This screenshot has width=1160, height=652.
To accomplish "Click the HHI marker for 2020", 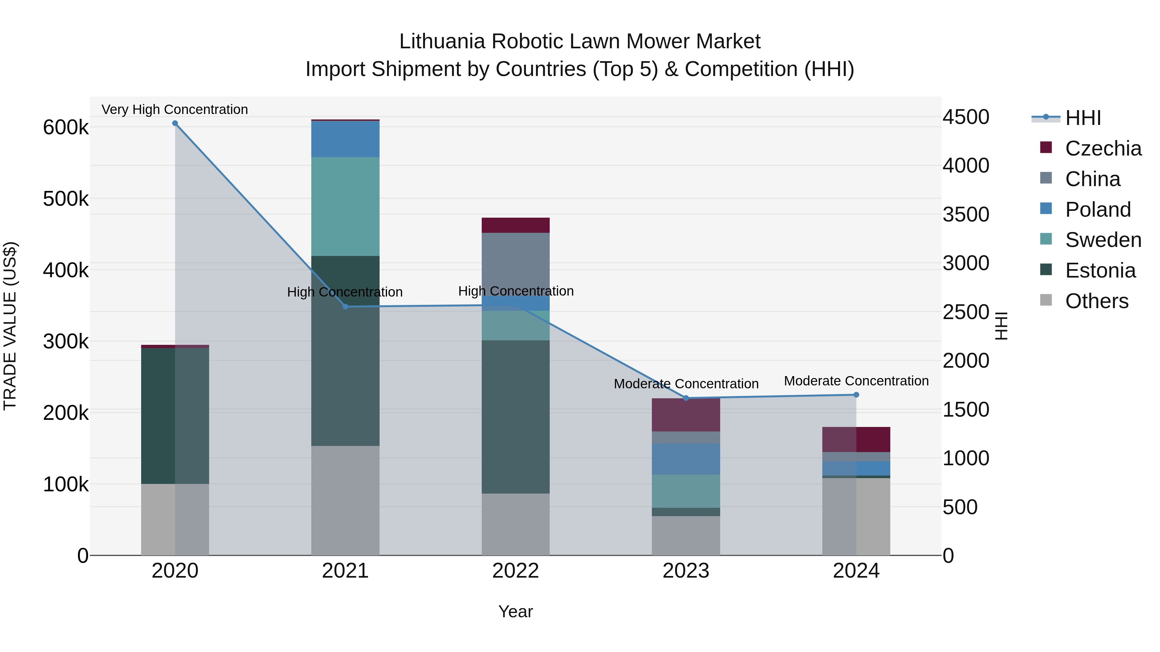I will tap(175, 123).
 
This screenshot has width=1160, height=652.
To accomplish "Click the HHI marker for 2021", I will tap(345, 307).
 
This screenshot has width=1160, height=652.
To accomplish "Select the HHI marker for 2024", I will tap(856, 395).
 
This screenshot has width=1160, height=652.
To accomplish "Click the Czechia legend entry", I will tap(1103, 148).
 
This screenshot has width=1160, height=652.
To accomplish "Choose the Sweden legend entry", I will tap(1103, 240).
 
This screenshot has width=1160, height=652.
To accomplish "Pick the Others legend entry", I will tap(1097, 301).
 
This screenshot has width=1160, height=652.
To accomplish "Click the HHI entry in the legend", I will tap(1083, 118).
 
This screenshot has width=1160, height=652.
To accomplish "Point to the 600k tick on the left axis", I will tap(66, 127).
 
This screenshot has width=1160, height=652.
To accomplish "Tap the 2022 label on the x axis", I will tap(516, 571).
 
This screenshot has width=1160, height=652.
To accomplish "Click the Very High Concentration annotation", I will tap(175, 109).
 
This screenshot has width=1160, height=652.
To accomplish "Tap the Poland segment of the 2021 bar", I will tap(345, 139).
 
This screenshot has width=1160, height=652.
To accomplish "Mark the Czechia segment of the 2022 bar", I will tap(516, 225).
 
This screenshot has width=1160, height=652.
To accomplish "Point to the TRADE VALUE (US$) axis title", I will tap(10, 326).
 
